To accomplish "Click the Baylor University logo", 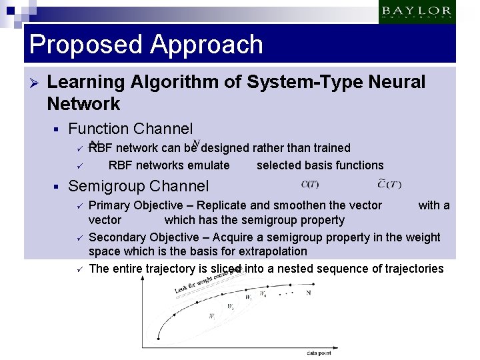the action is pyautogui.click(x=417, y=12).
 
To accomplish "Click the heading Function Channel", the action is pyautogui.click(x=131, y=129).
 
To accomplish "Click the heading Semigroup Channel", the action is pyautogui.click(x=139, y=186).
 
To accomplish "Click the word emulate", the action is pyautogui.click(x=209, y=165).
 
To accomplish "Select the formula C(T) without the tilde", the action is pyautogui.click(x=310, y=185).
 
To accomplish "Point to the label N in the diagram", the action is pyautogui.click(x=307, y=292).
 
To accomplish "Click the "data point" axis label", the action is pyautogui.click(x=321, y=352).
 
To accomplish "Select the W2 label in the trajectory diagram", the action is pyautogui.click(x=231, y=307).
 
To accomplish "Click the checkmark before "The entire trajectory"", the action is pyautogui.click(x=78, y=269).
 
